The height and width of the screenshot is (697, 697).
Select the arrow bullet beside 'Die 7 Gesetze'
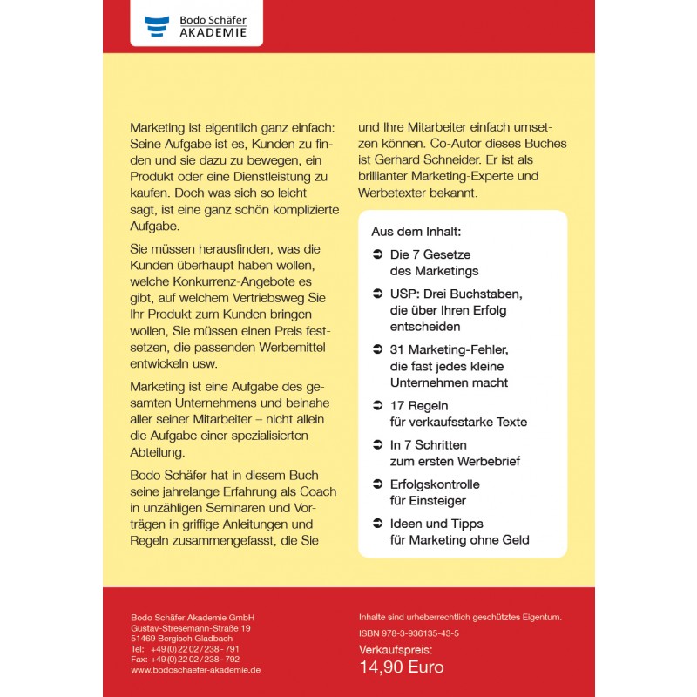tap(377, 255)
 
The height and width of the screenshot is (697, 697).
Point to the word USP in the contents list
tap(403, 294)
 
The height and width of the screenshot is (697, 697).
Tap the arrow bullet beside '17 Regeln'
tap(377, 406)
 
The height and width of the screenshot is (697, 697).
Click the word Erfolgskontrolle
tap(435, 484)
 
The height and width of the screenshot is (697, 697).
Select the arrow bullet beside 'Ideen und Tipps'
tap(377, 524)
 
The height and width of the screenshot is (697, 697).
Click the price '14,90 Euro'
tap(402, 667)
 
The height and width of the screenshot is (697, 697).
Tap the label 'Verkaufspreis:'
tap(396, 650)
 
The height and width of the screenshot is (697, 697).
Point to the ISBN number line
tap(409, 633)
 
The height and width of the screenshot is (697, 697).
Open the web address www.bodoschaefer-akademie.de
tap(195, 670)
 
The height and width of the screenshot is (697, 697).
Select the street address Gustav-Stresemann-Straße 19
tap(191, 628)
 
